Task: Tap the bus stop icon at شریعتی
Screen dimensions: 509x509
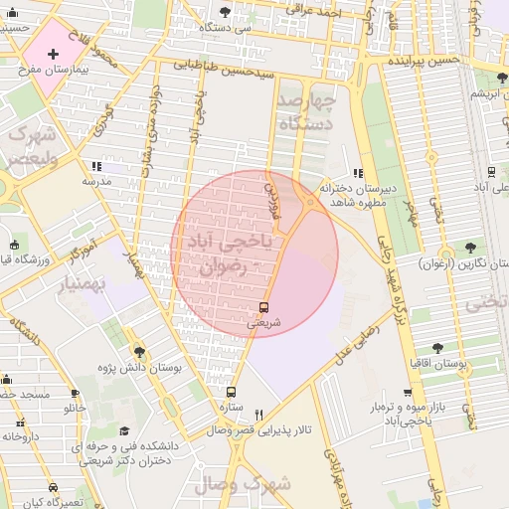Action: [263, 307]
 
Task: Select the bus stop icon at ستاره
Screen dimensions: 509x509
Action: [231, 393]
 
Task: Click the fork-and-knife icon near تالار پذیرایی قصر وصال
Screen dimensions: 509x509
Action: [259, 415]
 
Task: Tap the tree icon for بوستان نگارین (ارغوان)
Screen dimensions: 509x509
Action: [469, 248]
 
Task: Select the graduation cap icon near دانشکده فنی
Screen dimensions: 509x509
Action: [124, 430]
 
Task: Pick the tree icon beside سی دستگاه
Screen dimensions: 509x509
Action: [224, 13]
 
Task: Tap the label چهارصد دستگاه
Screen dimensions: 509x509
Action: [305, 112]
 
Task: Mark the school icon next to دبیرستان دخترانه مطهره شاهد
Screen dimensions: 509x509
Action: [358, 173]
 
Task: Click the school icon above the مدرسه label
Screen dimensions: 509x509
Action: [95, 166]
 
